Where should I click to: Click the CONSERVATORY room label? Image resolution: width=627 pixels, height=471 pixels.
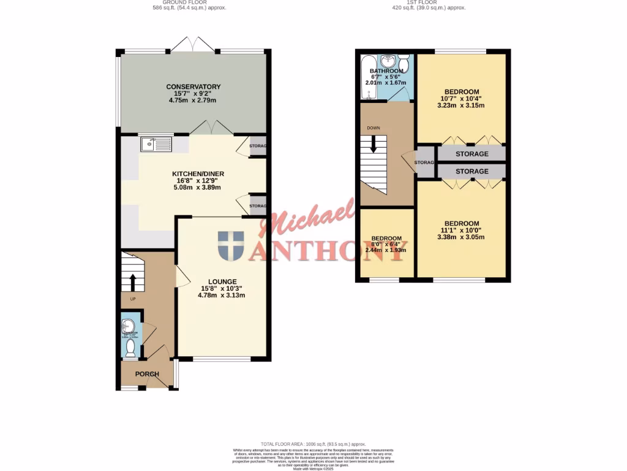click(x=193, y=87)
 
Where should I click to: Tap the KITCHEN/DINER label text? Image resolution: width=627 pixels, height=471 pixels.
click(x=198, y=174)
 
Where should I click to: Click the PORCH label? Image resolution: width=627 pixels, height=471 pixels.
click(x=147, y=374)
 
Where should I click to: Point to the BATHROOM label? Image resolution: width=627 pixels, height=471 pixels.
click(x=386, y=71)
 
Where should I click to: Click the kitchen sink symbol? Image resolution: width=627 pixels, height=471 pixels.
click(x=156, y=144)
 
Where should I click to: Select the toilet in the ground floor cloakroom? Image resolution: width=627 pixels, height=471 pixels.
click(x=130, y=348)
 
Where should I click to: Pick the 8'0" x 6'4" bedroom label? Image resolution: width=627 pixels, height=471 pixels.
click(x=386, y=239)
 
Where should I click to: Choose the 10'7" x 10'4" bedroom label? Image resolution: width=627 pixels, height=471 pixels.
click(x=462, y=92)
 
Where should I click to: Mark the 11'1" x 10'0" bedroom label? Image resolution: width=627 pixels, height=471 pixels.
click(x=462, y=224)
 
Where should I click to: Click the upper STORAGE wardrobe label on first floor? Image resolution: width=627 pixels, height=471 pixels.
click(x=471, y=154)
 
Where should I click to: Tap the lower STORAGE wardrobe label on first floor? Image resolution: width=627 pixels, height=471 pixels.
click(x=471, y=171)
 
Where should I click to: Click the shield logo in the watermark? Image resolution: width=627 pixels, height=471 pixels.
click(x=230, y=245)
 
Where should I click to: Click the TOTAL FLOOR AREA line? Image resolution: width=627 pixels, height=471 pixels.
click(x=313, y=443)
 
